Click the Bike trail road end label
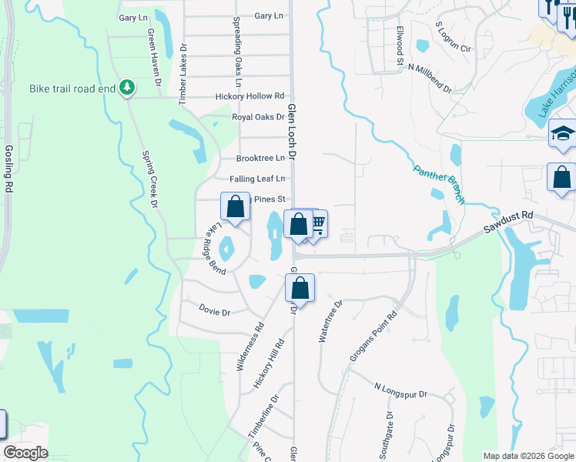coord(73,89)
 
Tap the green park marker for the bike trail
coord(129,89)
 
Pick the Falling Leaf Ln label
coord(257,179)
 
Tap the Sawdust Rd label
coord(508,223)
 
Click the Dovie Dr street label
coord(215,313)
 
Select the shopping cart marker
coord(316,224)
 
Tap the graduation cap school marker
coord(563,134)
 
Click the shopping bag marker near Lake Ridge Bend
coord(236,206)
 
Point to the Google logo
coord(25,453)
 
